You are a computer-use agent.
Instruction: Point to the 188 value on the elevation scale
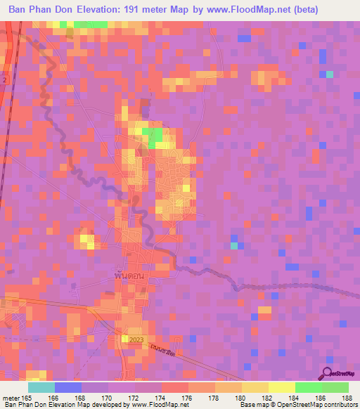coord(348,398)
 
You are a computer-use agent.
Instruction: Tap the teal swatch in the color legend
coord(41,387)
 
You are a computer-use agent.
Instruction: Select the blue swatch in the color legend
coord(68,387)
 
